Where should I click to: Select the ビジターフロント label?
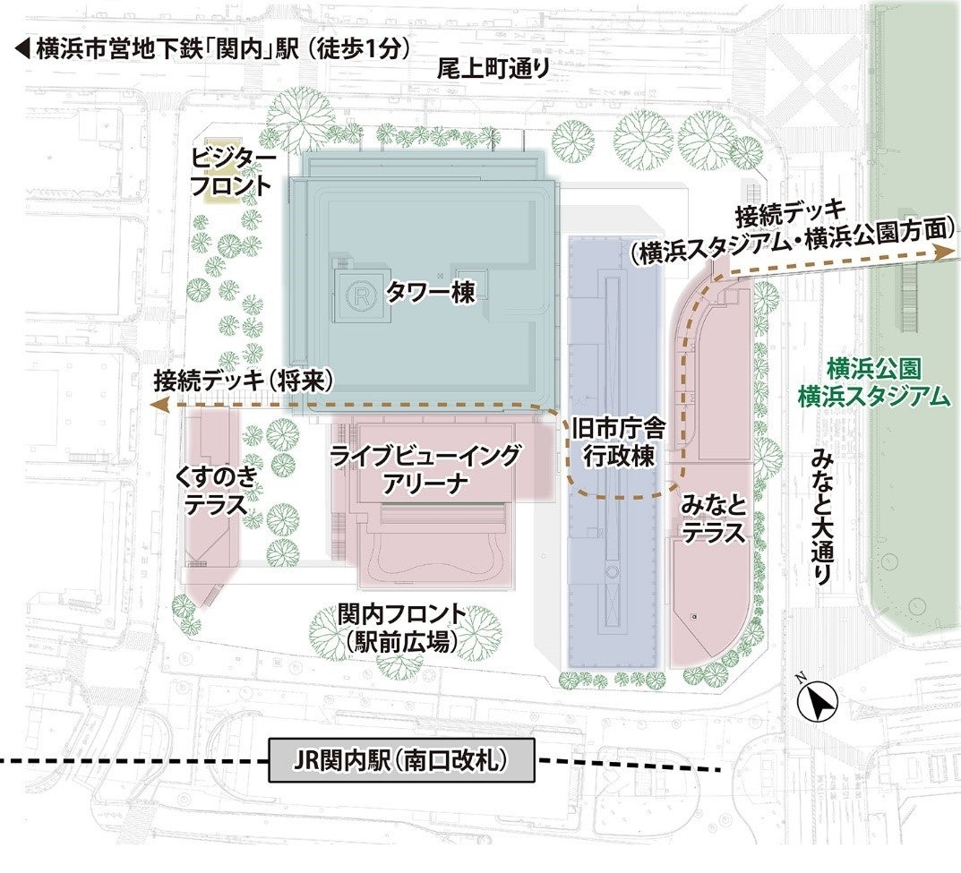(231, 172)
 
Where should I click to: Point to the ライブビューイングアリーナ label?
(425, 471)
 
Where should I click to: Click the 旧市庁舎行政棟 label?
(614, 442)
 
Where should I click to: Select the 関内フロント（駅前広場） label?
(402, 627)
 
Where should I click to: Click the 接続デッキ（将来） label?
(244, 380)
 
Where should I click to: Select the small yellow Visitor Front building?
(219, 193)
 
